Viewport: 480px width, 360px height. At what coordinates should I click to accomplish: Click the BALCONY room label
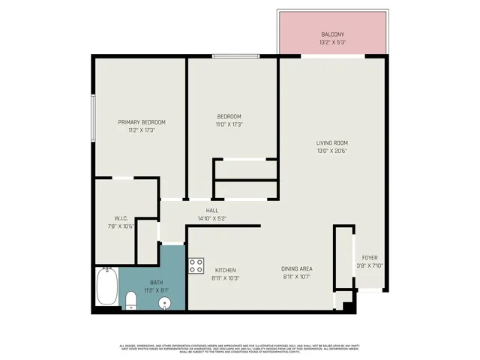tap(333, 34)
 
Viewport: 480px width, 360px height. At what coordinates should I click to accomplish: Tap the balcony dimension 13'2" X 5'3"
tap(333, 43)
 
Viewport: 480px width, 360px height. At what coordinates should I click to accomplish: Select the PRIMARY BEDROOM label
tap(142, 122)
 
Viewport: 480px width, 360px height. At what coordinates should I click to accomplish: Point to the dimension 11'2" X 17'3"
tap(142, 130)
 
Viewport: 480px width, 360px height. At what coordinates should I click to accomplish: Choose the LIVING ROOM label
tap(331, 142)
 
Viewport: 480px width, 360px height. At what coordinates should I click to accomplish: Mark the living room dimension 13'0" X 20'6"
tap(331, 151)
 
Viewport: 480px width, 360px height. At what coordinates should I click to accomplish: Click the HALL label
tap(212, 211)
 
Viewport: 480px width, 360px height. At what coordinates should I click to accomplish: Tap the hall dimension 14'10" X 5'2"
tap(212, 218)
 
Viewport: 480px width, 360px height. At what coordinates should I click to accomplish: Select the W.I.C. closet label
tap(120, 219)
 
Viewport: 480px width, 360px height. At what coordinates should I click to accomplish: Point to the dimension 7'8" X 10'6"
tap(121, 226)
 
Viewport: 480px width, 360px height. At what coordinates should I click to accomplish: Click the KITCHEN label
tap(226, 270)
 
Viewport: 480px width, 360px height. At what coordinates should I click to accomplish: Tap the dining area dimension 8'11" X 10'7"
tap(296, 277)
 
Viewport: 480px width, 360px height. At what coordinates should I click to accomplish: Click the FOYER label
tap(370, 257)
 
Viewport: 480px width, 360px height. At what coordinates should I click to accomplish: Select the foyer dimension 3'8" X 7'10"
tap(370, 265)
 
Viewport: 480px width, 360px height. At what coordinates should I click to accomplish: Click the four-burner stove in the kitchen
tap(196, 265)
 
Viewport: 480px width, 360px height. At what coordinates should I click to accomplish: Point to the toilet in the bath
tap(130, 301)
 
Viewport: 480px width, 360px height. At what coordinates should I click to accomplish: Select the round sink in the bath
tap(166, 303)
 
